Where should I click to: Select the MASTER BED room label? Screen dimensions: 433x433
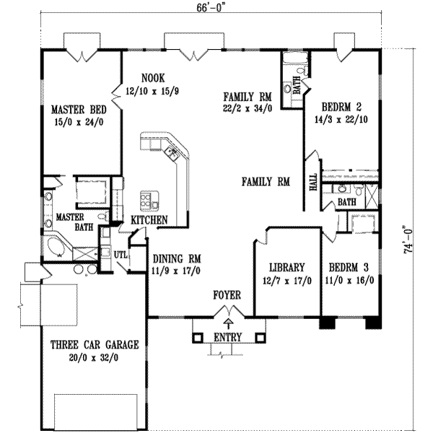(x=79, y=110)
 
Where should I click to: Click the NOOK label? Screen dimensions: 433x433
(x=153, y=78)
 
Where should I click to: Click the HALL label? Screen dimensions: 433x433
(x=313, y=182)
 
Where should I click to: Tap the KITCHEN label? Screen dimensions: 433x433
(x=149, y=219)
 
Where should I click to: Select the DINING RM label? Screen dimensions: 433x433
(x=176, y=259)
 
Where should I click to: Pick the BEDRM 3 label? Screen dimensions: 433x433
(x=349, y=266)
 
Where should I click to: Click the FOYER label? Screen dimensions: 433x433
(x=227, y=295)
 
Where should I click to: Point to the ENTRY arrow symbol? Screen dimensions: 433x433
(x=229, y=323)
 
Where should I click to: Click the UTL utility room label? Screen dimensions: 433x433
(x=120, y=254)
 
